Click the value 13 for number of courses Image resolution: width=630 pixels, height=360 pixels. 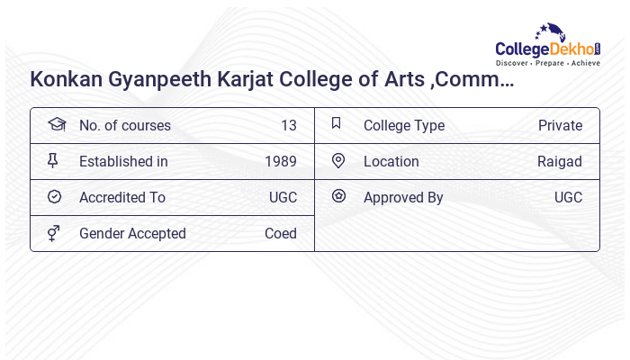(x=288, y=126)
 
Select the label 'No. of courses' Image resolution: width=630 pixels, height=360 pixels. (x=125, y=126)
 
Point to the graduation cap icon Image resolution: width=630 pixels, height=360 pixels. (x=56, y=124)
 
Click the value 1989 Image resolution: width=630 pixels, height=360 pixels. (x=281, y=162)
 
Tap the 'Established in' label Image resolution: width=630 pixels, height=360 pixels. (x=123, y=162)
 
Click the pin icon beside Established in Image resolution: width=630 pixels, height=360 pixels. (x=53, y=161)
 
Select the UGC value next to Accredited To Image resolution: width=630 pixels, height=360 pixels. (x=283, y=198)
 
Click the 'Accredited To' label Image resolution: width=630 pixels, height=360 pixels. (x=122, y=198)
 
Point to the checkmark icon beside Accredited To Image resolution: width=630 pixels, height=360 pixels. (x=54, y=197)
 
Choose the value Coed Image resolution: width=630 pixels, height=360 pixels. (x=281, y=234)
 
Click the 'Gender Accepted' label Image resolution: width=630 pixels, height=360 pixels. (x=132, y=234)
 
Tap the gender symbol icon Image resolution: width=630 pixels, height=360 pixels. (x=54, y=233)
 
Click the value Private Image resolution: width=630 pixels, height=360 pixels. (x=560, y=126)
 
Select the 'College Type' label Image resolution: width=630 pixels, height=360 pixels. (x=404, y=126)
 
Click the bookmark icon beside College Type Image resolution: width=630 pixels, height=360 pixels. (x=337, y=123)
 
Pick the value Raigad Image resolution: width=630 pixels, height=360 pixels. (x=560, y=162)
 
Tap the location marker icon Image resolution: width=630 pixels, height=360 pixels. (x=338, y=161)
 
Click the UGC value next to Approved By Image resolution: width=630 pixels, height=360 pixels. (x=568, y=198)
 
